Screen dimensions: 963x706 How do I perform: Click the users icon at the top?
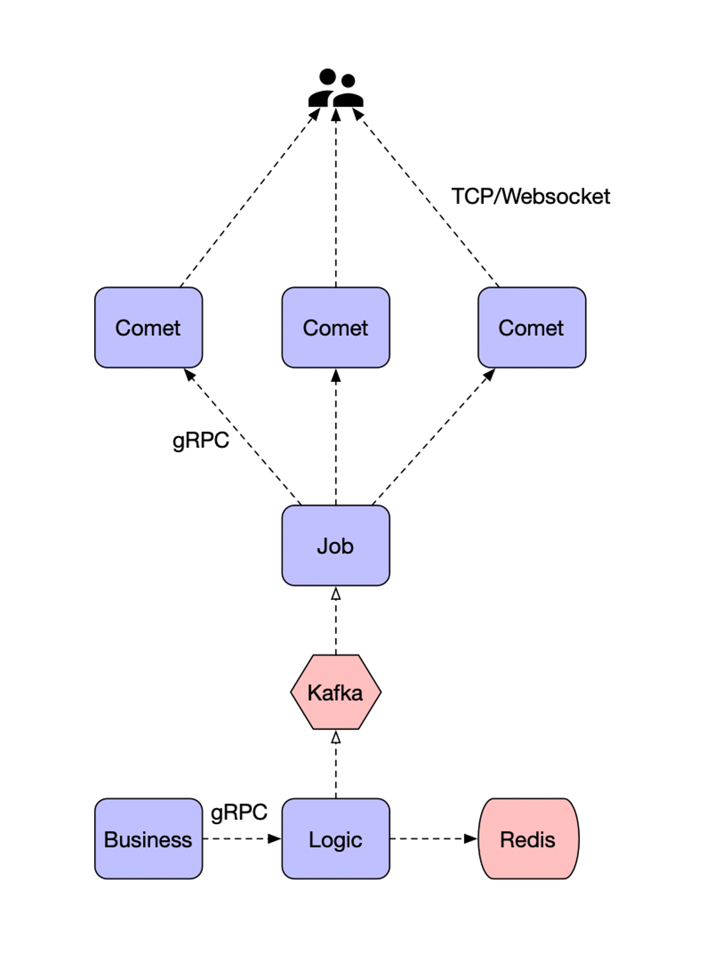coord(335,89)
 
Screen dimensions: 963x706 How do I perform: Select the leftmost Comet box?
coord(148,328)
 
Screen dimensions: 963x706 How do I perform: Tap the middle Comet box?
coord(335,328)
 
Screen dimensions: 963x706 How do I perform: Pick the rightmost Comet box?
coord(531,328)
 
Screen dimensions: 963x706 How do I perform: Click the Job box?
coord(335,545)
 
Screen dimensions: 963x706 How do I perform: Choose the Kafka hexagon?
coord(335,692)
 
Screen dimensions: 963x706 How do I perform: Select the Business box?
coord(148,839)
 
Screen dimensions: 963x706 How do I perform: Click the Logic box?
coord(335,839)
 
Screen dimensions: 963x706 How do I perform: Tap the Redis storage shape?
coord(528,839)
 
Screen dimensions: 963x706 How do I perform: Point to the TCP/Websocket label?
coord(530,196)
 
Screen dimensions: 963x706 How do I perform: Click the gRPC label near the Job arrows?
coord(200,440)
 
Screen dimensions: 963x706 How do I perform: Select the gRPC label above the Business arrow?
coord(239,812)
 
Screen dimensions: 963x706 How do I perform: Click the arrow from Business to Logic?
coord(242,839)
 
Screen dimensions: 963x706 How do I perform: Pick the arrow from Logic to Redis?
coord(433,839)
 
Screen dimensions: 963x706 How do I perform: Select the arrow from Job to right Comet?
coord(432,438)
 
